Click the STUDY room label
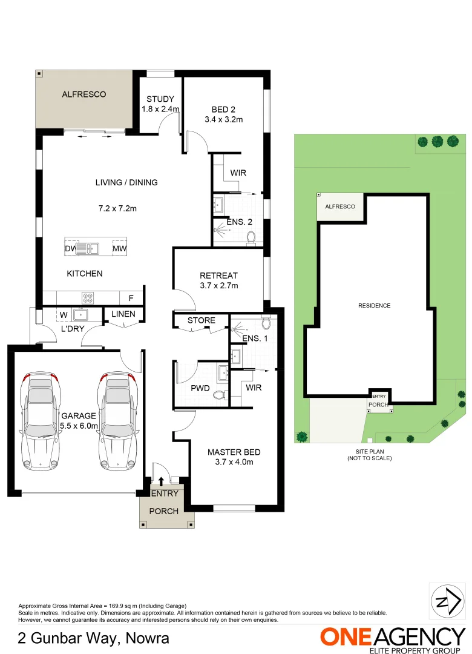click(x=160, y=99)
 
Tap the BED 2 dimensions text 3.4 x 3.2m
click(x=223, y=119)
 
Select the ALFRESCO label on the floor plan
click(x=84, y=94)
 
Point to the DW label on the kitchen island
click(x=71, y=248)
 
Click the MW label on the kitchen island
click(x=119, y=248)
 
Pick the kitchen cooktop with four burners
click(x=88, y=297)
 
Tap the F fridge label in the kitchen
click(x=130, y=298)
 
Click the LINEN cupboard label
click(x=123, y=314)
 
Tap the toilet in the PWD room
click(x=220, y=395)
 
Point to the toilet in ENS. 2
click(x=251, y=237)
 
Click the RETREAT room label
click(x=218, y=276)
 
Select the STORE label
click(x=201, y=320)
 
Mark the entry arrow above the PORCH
click(x=161, y=481)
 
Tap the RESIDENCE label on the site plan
click(x=374, y=306)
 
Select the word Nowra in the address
click(x=148, y=638)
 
